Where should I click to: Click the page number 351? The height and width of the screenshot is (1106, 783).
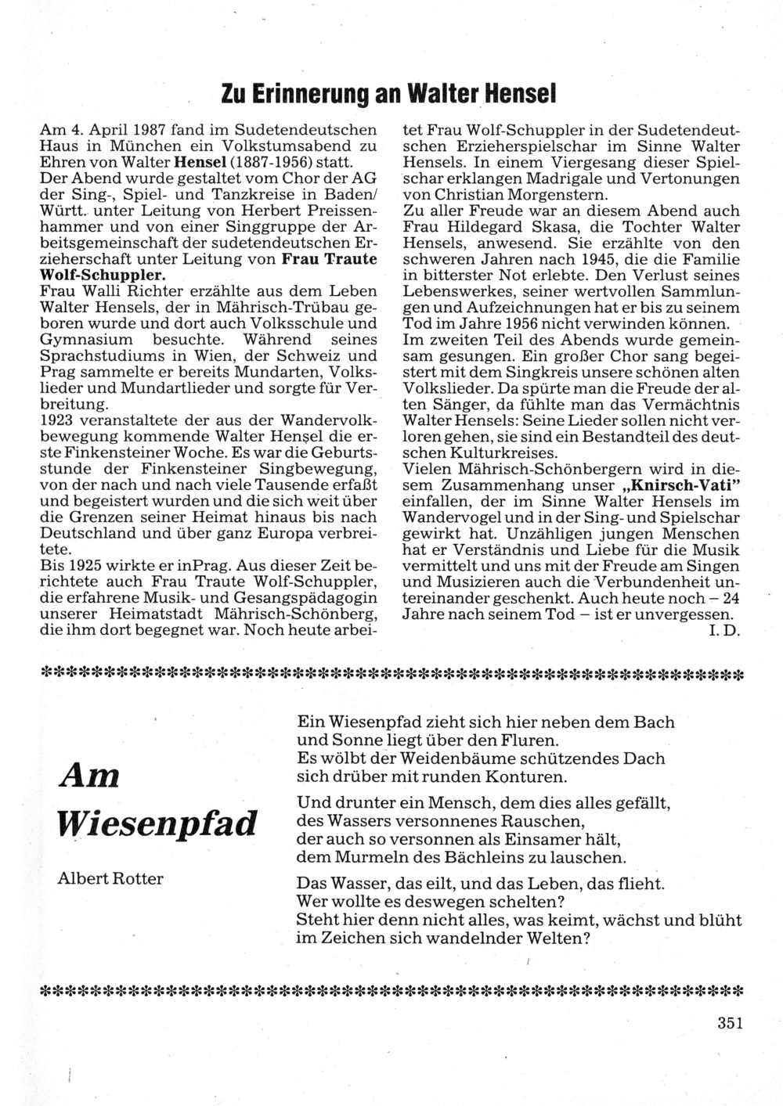click(728, 1021)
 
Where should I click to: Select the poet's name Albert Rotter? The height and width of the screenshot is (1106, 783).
click(110, 878)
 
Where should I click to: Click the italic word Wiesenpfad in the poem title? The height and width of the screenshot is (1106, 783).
click(158, 823)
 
